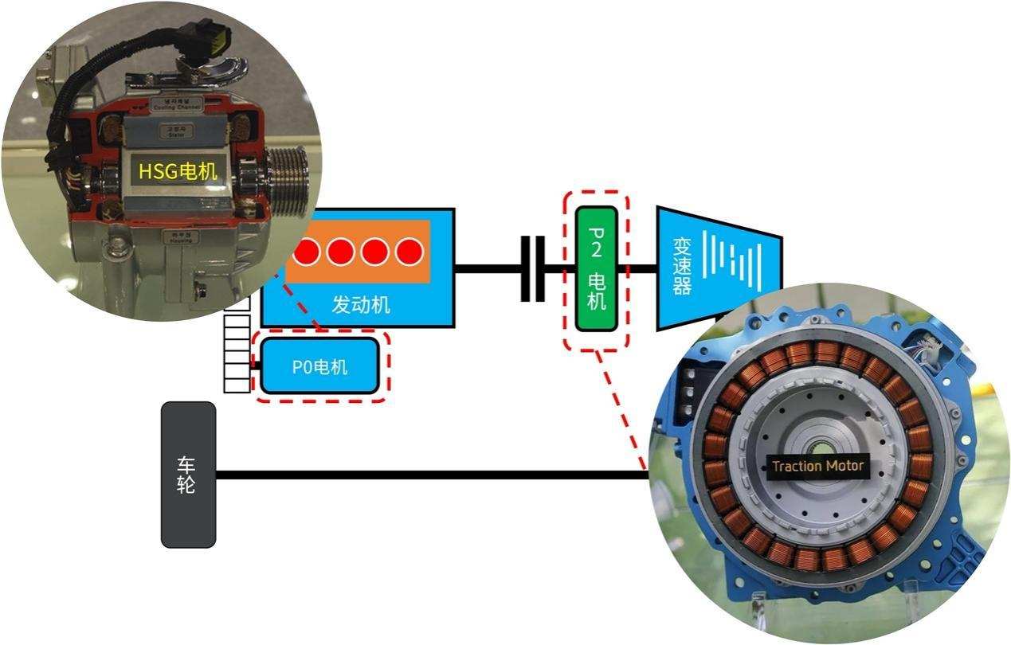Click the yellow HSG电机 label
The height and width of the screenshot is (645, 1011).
click(x=178, y=171)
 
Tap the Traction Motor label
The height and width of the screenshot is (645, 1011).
click(x=817, y=466)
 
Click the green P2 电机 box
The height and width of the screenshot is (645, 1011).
click(x=596, y=269)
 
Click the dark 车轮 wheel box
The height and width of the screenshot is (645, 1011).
click(x=188, y=475)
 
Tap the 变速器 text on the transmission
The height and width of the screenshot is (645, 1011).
click(x=681, y=267)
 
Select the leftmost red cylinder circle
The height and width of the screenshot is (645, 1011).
click(x=306, y=252)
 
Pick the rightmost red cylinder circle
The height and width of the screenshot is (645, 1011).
click(x=409, y=252)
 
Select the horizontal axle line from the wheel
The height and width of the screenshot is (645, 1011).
click(x=430, y=475)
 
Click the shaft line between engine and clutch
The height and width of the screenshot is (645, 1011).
click(x=487, y=268)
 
